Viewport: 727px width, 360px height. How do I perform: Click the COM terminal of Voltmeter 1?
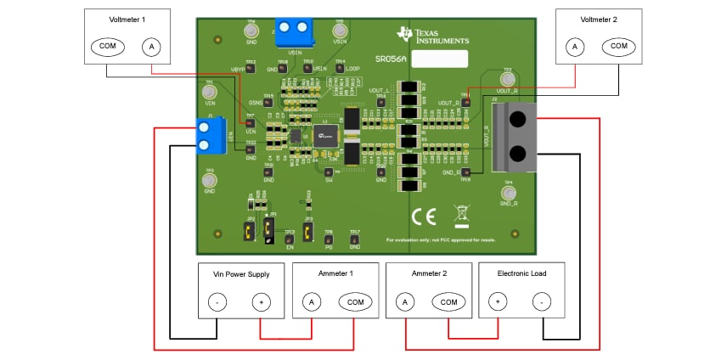106,46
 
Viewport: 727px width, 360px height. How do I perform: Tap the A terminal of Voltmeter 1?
150,46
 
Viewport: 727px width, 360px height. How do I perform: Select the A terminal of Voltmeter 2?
575,46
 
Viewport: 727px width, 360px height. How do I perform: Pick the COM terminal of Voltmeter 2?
618,46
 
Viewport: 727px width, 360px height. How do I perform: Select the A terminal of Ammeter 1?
311,301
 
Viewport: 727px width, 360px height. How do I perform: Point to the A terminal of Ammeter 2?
405,301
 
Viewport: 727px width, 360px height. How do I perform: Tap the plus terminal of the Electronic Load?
497,301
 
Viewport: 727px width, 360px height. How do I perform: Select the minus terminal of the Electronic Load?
540,301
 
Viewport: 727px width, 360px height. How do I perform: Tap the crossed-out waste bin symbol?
461,214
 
